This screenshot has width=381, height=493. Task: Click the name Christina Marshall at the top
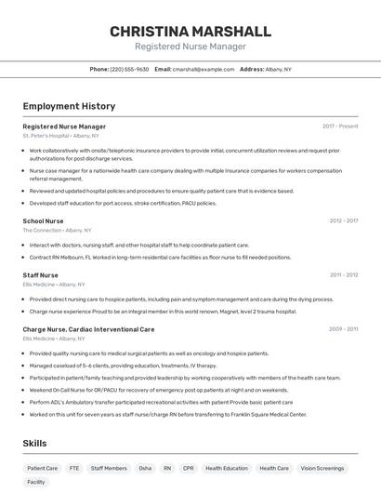[190, 31]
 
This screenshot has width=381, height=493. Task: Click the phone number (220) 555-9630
[129, 69]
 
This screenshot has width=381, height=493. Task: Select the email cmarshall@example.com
[203, 69]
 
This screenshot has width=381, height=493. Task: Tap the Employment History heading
[69, 106]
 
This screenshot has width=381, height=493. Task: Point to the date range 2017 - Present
[340, 126]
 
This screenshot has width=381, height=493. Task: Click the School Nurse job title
[43, 221]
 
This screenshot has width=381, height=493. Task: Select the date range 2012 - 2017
[343, 221]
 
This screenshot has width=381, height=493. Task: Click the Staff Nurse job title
[40, 275]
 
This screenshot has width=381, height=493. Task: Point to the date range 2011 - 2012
[343, 275]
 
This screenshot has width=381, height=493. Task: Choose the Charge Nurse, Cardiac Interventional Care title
[88, 329]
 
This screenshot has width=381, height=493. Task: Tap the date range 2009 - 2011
[343, 329]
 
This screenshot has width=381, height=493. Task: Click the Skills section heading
[35, 444]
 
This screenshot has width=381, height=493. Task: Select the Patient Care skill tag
[42, 468]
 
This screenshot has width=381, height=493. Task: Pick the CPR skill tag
[189, 468]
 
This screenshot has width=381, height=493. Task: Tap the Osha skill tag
[145, 468]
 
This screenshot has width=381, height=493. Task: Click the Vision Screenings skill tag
[322, 468]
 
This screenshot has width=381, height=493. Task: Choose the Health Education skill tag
[227, 468]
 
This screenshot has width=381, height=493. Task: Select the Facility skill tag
[36, 482]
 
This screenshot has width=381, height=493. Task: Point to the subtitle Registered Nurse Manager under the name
[190, 47]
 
